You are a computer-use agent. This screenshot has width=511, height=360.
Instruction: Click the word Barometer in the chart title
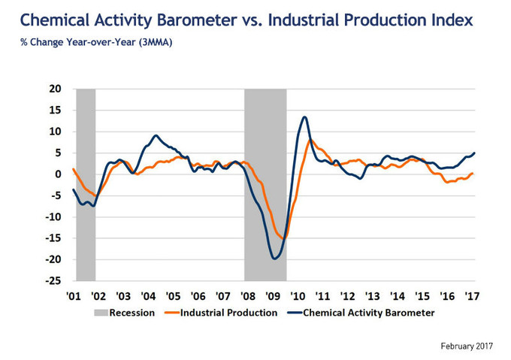(x=212, y=20)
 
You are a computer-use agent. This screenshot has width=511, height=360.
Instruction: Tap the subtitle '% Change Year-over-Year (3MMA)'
(x=96, y=43)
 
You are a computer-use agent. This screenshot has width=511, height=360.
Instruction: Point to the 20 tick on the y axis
(x=55, y=89)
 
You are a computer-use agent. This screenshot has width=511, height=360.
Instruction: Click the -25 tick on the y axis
(x=53, y=281)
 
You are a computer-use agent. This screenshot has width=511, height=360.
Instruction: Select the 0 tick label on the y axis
(x=58, y=174)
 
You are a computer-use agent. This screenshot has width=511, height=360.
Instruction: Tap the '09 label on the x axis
(x=273, y=295)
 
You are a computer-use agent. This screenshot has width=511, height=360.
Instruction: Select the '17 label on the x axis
(x=473, y=295)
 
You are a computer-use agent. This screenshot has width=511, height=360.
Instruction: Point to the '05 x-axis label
(x=173, y=295)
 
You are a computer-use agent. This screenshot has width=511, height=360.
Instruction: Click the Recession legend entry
(x=132, y=313)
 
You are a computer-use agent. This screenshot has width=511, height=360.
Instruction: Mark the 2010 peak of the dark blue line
(x=304, y=117)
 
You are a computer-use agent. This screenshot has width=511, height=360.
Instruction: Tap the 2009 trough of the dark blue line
(x=275, y=259)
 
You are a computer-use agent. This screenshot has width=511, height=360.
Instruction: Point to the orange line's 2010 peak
(x=311, y=140)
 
